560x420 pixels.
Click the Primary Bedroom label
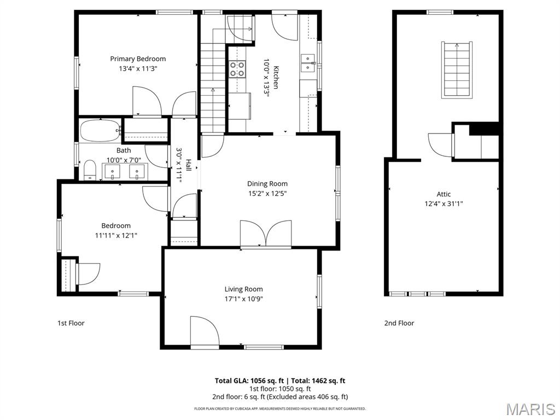[138, 59]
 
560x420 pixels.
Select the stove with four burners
[237, 69]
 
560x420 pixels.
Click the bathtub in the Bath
[101, 131]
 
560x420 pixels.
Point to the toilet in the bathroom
[90, 171]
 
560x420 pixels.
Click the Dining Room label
[267, 184]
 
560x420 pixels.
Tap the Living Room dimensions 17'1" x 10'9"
[243, 299]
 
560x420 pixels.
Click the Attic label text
[444, 194]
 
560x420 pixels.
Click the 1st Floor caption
[71, 323]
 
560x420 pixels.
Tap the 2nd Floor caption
[399, 323]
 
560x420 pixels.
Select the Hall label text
[188, 165]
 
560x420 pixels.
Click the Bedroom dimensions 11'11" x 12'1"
[116, 235]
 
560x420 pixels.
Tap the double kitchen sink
[307, 63]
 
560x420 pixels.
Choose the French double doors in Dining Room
[266, 234]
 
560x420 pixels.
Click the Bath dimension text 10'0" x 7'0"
[124, 160]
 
